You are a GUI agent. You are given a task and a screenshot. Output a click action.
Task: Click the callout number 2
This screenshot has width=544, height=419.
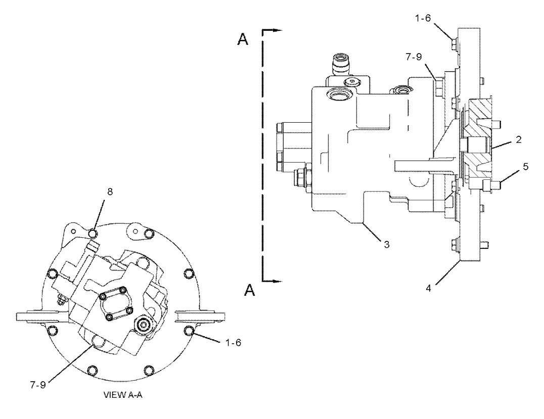point(518,139)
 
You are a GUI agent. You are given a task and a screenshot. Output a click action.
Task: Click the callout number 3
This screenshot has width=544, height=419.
point(387,244)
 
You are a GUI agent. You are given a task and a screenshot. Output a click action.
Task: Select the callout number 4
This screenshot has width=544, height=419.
point(428,288)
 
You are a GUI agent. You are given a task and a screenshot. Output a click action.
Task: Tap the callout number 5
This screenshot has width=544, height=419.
point(526,167)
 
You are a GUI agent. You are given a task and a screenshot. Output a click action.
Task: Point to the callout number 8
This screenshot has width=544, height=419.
point(110,192)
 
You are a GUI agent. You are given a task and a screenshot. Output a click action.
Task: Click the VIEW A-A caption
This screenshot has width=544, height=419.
point(123,395)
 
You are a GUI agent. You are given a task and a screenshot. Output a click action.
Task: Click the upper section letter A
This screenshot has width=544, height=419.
point(243,39)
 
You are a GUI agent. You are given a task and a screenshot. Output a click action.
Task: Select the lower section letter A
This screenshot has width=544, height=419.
point(249,290)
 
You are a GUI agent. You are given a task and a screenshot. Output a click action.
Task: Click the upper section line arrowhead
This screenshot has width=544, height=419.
point(276,30)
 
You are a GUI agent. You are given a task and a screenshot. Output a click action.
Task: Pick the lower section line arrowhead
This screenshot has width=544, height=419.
point(276,281)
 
